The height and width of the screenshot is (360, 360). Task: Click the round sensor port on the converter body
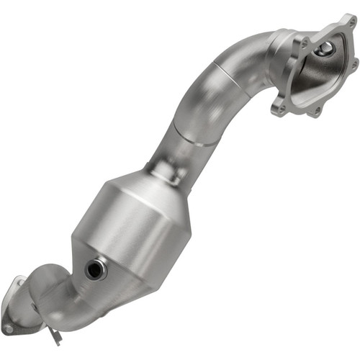tap(95, 270)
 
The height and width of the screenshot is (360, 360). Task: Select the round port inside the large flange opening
tap(325, 48)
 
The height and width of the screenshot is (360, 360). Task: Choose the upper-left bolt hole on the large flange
tap(305, 44)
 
